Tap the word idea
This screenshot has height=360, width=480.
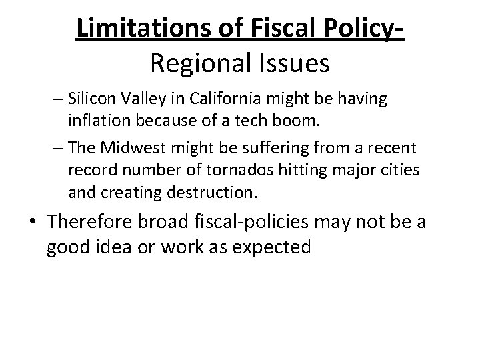point(113,247)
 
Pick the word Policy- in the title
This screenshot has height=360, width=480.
point(363,29)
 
